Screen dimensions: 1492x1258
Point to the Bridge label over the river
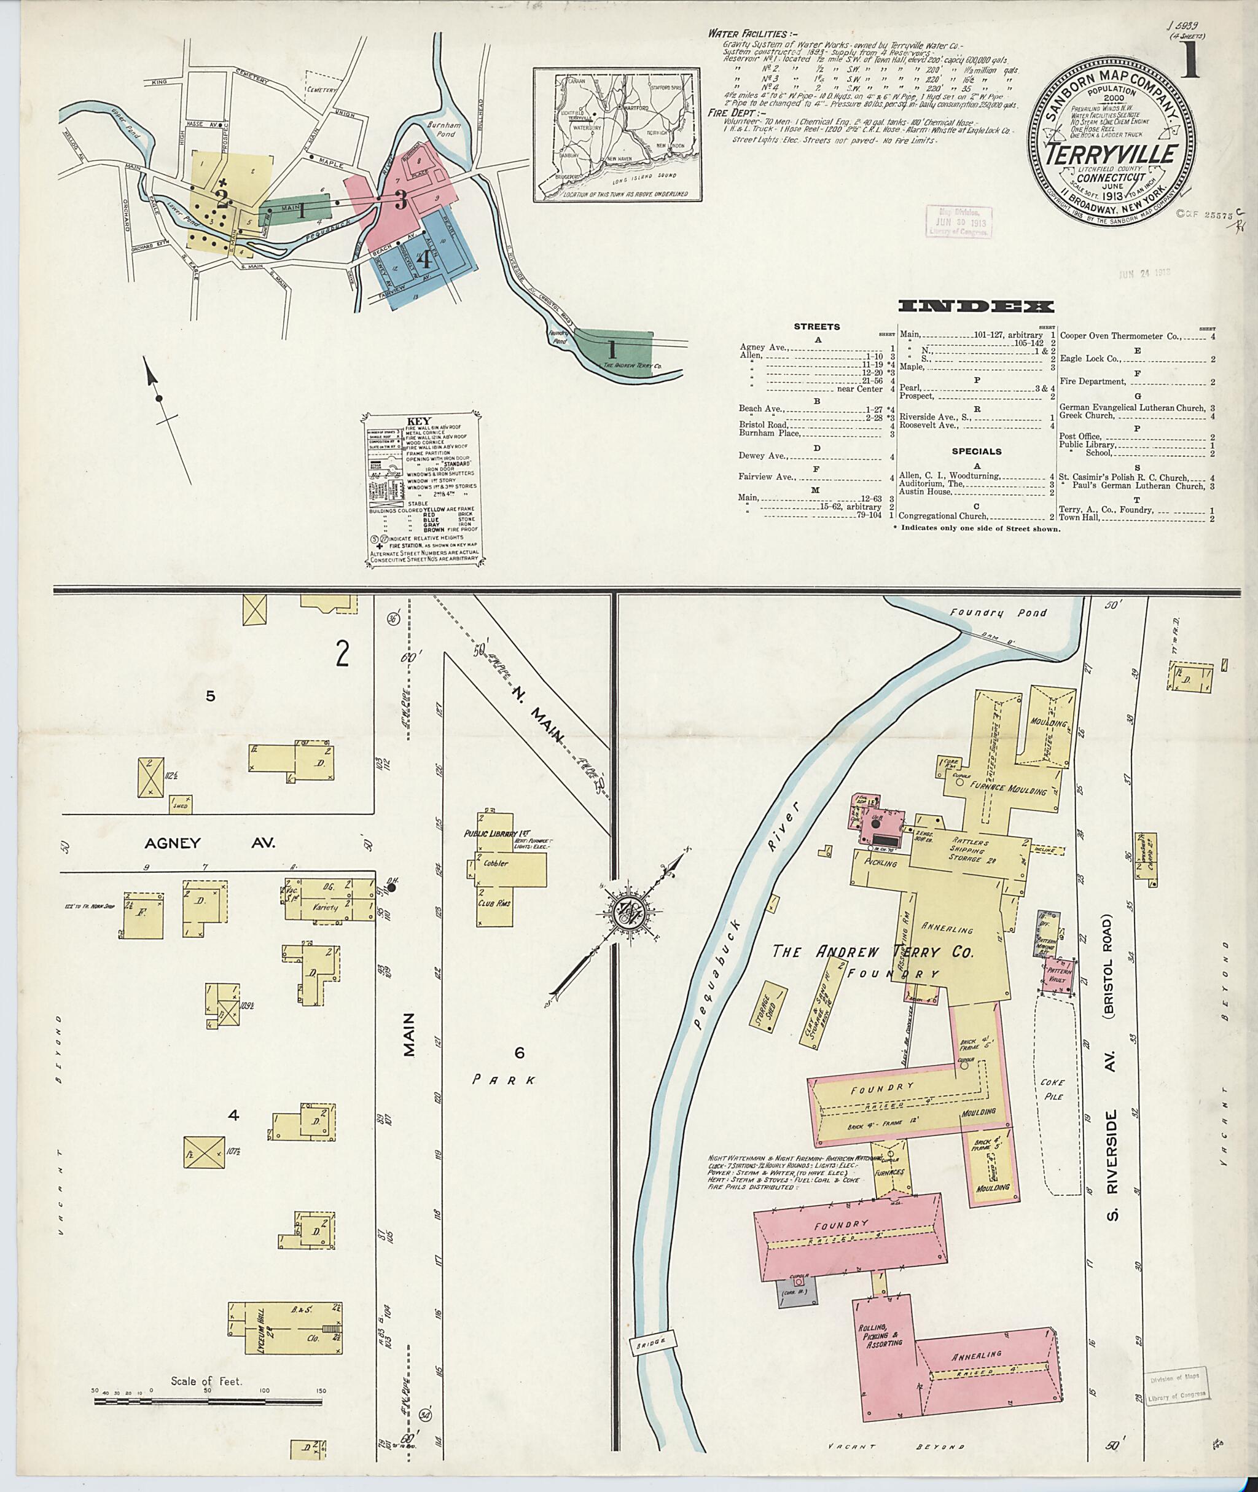[649, 1342]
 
